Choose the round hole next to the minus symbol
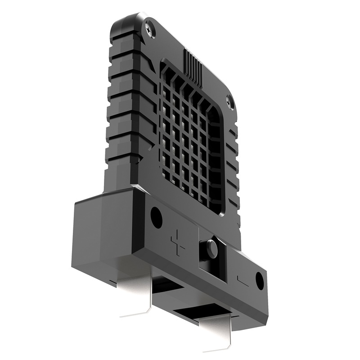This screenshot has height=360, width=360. click(x=260, y=280)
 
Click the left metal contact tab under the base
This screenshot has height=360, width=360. click(x=135, y=288)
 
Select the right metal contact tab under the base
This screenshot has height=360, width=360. click(x=220, y=328)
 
